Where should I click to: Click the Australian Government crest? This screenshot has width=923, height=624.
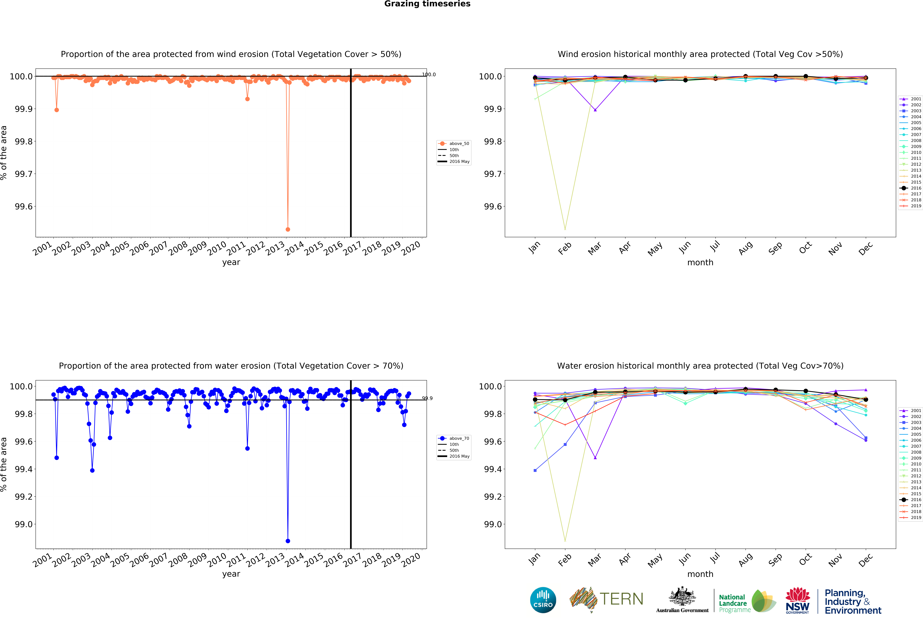(x=682, y=596)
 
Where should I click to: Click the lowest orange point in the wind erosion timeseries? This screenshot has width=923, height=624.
(x=288, y=229)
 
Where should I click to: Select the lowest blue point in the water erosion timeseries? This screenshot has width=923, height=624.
(x=288, y=541)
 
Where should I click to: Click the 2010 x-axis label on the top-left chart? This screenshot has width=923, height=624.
(x=217, y=249)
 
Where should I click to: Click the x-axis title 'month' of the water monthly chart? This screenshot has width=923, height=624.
(x=700, y=574)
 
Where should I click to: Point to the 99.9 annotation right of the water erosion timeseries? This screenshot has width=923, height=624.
(x=427, y=398)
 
